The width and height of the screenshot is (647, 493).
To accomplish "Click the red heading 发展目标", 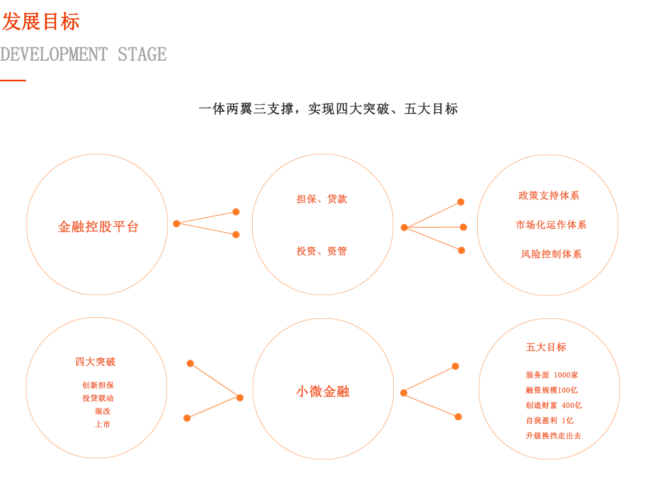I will pyautogui.click(x=41, y=22).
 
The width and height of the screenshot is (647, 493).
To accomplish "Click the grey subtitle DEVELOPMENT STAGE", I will pyautogui.click(x=83, y=54).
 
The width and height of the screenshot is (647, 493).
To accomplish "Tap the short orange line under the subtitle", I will pyautogui.click(x=13, y=80).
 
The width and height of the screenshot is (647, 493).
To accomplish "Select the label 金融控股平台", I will pyautogui.click(x=98, y=227).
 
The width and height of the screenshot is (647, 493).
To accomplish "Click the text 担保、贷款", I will pyautogui.click(x=322, y=199).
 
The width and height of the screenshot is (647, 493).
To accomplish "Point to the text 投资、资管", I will pyautogui.click(x=322, y=251).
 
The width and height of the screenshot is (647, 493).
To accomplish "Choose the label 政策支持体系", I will pyautogui.click(x=549, y=196).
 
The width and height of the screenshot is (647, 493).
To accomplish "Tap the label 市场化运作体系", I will pyautogui.click(x=551, y=225).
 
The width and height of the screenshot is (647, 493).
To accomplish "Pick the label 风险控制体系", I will pyautogui.click(x=551, y=254).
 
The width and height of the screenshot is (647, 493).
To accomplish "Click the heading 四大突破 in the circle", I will pyautogui.click(x=95, y=362).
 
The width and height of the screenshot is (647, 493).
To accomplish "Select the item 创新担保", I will pyautogui.click(x=98, y=386).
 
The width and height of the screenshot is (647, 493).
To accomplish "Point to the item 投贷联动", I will pyautogui.click(x=98, y=399).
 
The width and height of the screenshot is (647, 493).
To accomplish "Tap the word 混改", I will pyautogui.click(x=103, y=412).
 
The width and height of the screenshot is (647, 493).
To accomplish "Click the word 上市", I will pyautogui.click(x=103, y=425).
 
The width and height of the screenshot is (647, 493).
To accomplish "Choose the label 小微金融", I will pyautogui.click(x=323, y=392).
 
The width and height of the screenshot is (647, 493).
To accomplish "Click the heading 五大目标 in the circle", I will pyautogui.click(x=546, y=347).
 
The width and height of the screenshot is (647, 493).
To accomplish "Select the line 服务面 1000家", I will pyautogui.click(x=552, y=375).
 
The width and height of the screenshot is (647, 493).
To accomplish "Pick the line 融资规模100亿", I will pyautogui.click(x=552, y=390).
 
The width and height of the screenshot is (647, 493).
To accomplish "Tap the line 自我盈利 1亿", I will pyautogui.click(x=549, y=420).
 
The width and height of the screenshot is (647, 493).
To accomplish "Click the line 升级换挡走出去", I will pyautogui.click(x=553, y=436).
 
